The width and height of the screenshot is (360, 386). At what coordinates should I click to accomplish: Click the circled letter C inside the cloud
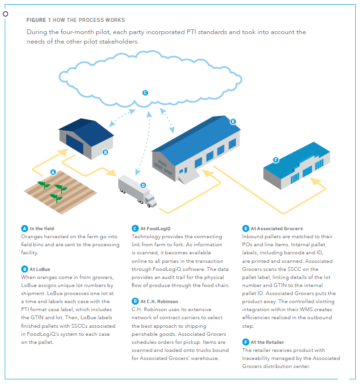coord(145,93)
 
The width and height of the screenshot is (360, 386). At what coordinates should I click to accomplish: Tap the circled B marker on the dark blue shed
coord(105,152)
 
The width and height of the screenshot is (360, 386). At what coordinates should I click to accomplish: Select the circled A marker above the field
coord(53,172)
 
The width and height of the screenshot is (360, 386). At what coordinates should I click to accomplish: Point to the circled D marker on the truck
coord(143,185)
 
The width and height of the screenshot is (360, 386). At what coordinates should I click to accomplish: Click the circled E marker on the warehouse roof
coord(233,122)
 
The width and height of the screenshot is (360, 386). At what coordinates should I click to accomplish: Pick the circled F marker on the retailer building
coord(276,160)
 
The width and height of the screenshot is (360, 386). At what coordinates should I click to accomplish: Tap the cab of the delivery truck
coord(151,200)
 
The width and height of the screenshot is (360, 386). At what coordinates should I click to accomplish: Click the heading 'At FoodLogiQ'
coord(155,229)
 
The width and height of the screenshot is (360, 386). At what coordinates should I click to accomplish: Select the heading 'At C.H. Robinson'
coord(159,302)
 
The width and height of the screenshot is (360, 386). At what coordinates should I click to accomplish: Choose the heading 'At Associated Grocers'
coord(277,229)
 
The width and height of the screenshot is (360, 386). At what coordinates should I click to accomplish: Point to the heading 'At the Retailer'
coord(268,342)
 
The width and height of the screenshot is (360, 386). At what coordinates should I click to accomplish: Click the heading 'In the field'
coord(42,229)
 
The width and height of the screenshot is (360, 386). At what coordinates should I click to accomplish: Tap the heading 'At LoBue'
coord(40,269)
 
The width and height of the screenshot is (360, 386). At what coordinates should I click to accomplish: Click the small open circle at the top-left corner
coord(5,14)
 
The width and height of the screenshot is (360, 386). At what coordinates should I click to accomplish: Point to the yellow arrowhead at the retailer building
coord(315,181)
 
